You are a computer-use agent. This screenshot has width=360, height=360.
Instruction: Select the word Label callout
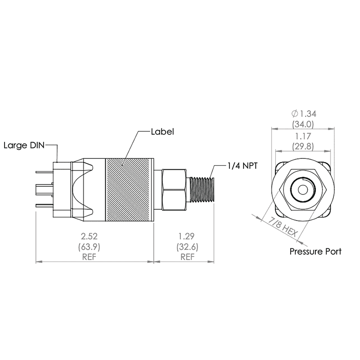pos(162,132)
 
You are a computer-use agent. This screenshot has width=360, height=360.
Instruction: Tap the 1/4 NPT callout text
pos(242,166)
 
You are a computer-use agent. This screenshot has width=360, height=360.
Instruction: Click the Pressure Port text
pos(315,252)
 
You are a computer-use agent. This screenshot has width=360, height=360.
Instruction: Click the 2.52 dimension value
pos(94,236)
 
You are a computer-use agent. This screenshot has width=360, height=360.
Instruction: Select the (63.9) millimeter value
pos(94,247)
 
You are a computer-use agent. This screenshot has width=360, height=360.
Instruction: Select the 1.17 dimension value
pos(302,135)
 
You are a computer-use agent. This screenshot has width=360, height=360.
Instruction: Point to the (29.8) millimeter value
pos(302,146)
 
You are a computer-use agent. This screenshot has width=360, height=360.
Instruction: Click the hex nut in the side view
pos(174,189)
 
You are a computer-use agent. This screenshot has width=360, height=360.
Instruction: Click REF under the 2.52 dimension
pos(94,257)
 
